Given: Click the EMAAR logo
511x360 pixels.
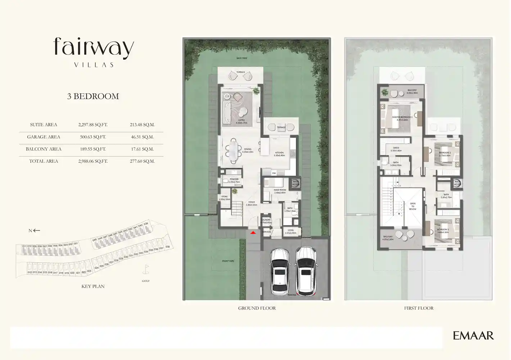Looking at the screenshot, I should click(473, 336).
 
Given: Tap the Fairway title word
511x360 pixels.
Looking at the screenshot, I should click(94, 48).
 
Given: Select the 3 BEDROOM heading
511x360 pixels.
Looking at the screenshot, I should click(93, 96).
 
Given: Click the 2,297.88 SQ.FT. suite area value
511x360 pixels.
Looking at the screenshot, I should click(93, 125).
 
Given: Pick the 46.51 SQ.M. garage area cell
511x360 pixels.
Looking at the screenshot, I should click(142, 137).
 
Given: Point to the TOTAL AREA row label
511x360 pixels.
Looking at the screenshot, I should click(44, 161).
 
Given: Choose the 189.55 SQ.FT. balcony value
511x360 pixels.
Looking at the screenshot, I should click(93, 149).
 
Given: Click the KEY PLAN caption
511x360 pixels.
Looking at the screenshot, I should click(93, 286).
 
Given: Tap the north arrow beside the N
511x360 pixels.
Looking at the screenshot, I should click(37, 230).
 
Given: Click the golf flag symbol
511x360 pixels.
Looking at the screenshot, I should click(146, 269).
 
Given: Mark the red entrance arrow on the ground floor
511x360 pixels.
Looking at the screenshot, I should click(253, 233).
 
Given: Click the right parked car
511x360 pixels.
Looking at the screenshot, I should click(305, 271).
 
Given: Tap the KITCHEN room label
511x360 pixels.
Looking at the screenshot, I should click(279, 153).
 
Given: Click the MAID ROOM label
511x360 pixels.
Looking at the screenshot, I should click(280, 190).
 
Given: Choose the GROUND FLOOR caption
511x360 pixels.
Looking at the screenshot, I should click(257, 308).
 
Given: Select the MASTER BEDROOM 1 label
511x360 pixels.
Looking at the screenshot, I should click(402, 117).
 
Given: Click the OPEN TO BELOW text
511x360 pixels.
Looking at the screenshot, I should click(413, 206).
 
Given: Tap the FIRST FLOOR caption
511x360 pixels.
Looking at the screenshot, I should click(419, 308).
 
